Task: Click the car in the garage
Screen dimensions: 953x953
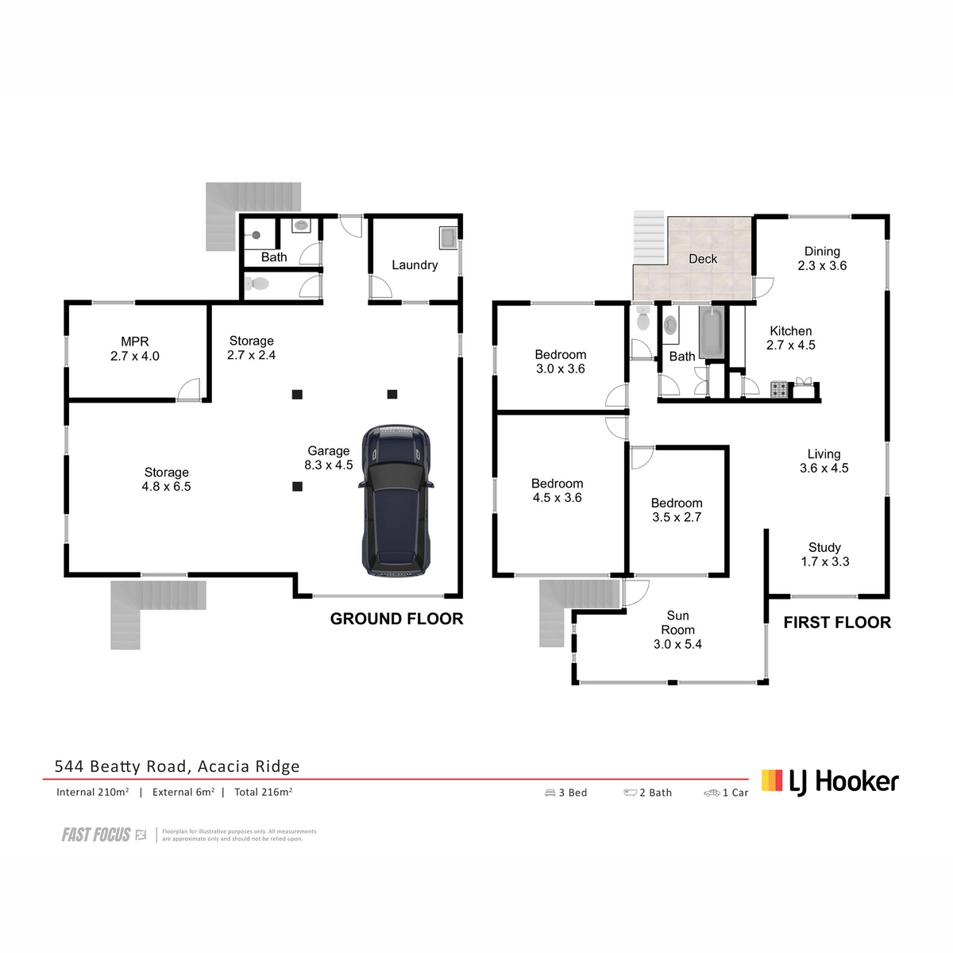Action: tap(395, 500)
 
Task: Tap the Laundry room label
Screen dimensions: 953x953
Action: tap(415, 265)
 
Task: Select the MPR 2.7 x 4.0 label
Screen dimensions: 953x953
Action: tap(134, 349)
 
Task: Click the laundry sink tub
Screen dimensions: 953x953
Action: tap(449, 238)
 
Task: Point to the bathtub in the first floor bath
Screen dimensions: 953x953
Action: tap(712, 332)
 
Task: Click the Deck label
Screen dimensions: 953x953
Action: tap(703, 259)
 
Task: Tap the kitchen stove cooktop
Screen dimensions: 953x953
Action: tap(779, 389)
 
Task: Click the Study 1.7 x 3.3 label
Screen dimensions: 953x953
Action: tap(825, 554)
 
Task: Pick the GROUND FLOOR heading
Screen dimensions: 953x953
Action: tap(396, 619)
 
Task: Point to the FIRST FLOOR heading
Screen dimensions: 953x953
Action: tap(837, 622)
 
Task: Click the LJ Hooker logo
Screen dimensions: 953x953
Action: tap(830, 782)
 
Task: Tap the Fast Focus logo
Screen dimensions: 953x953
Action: tap(104, 835)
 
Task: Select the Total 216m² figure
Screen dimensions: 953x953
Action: tap(263, 792)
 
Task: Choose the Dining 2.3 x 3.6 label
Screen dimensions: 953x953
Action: tap(822, 259)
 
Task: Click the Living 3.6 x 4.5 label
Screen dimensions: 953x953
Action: tap(824, 461)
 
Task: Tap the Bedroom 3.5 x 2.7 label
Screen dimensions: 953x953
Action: tap(677, 510)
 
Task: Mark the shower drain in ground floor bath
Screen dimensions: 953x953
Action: tap(257, 235)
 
